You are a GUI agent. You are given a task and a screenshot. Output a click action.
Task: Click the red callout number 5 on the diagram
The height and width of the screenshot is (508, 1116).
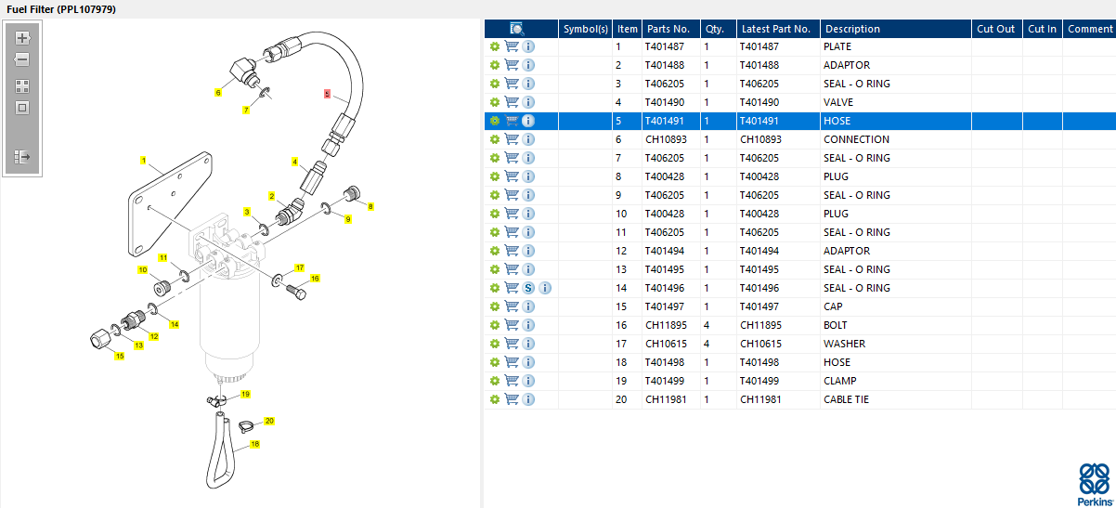click(x=327, y=94)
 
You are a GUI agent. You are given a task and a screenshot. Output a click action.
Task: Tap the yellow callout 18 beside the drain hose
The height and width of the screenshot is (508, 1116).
click(x=254, y=444)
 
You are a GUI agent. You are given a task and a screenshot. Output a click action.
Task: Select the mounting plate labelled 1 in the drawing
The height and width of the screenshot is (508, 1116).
click(x=170, y=203)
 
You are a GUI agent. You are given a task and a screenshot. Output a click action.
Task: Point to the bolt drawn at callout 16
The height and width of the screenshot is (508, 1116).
click(x=296, y=292)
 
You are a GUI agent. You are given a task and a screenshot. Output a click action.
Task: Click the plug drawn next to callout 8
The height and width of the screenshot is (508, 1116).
click(x=352, y=193)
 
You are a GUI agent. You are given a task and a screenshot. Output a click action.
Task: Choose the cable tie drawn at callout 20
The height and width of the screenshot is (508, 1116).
click(x=246, y=427)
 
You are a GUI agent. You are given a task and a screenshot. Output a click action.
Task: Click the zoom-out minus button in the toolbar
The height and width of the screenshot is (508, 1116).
click(x=22, y=59)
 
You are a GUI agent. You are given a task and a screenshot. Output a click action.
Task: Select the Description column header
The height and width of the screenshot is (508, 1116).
click(x=852, y=29)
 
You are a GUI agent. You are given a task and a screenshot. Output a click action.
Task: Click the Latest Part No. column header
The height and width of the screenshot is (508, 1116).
click(x=775, y=29)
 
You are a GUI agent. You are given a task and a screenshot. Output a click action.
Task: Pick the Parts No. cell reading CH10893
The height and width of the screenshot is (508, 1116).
click(x=666, y=139)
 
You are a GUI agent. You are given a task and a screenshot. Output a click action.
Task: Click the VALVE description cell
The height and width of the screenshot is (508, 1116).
click(x=838, y=102)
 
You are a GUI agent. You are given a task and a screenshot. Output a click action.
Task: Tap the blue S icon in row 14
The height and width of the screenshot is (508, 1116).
click(x=528, y=288)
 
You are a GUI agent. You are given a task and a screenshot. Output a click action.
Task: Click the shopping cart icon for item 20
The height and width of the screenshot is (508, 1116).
click(x=512, y=399)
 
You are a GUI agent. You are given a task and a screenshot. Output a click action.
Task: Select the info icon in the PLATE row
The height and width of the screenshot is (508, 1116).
click(x=528, y=46)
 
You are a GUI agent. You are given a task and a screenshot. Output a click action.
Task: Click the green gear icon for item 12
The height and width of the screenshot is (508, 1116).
click(x=495, y=251)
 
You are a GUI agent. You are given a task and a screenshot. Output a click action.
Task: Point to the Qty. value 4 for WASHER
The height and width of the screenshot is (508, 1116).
click(x=707, y=344)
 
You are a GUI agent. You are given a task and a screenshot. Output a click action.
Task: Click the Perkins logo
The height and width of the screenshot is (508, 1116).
click(x=1095, y=485)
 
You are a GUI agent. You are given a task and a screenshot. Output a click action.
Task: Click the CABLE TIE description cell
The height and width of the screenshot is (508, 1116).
click(x=846, y=399)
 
